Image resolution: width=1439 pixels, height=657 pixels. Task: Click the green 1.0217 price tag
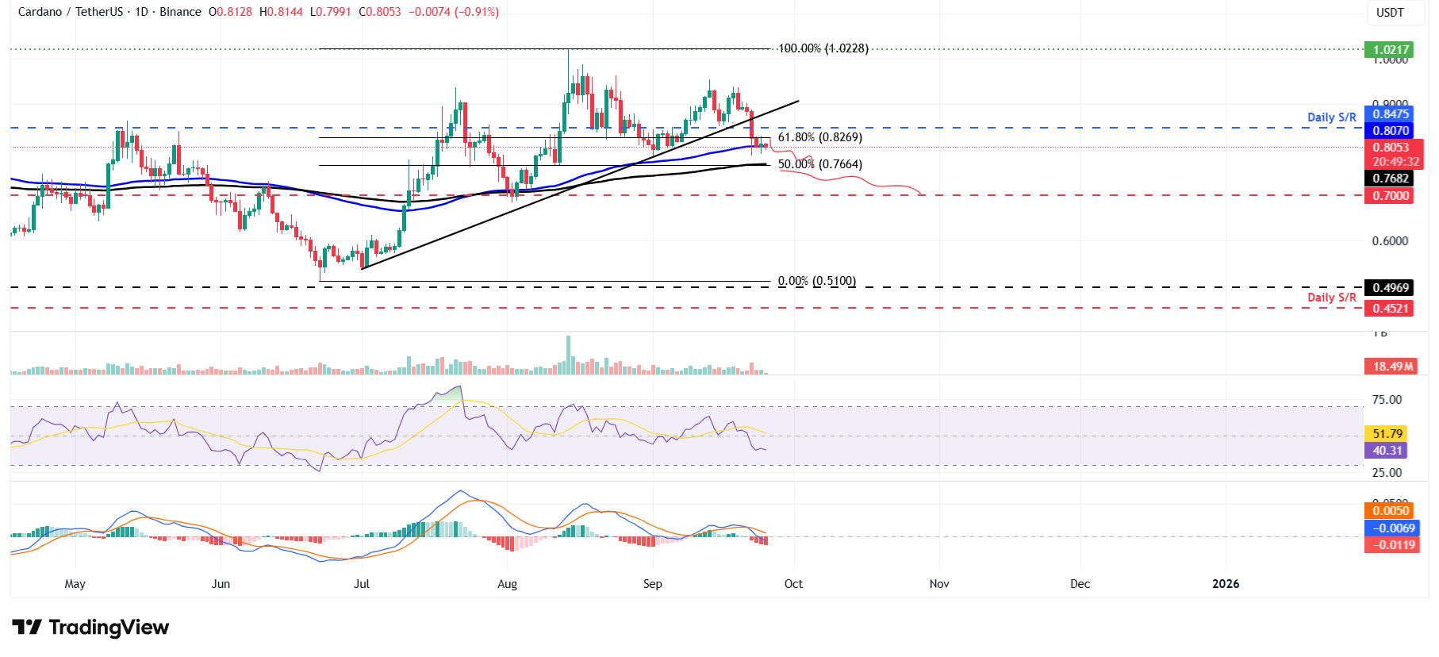pos(1391,49)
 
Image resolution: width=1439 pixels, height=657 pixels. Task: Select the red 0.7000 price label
pos(1391,196)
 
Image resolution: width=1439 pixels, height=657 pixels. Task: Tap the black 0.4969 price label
pos(1391,288)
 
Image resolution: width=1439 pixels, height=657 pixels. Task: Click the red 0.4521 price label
pos(1391,309)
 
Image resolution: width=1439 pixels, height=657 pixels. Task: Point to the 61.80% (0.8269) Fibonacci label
pos(819,137)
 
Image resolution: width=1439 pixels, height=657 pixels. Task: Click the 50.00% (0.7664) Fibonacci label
pos(819,164)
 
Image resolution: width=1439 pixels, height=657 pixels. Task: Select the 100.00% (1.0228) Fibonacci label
pos(823,48)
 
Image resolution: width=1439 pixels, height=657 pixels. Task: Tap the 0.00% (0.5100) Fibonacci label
pos(816,281)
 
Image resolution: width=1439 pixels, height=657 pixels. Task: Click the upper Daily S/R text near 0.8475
pos(1331,117)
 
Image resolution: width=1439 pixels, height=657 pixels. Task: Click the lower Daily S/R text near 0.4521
pos(1331,298)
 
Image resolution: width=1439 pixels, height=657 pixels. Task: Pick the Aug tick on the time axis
pos(507,584)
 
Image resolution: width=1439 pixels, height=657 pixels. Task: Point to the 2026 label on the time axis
pos(1225,584)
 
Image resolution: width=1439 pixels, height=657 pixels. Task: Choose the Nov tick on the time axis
pos(938,584)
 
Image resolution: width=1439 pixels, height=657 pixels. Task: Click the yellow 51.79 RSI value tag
pos(1387,434)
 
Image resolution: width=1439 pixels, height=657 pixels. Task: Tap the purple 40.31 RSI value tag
pos(1387,451)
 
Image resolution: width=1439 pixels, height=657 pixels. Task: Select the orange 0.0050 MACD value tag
pos(1391,511)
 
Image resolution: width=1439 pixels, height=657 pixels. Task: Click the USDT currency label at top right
pos(1390,13)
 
